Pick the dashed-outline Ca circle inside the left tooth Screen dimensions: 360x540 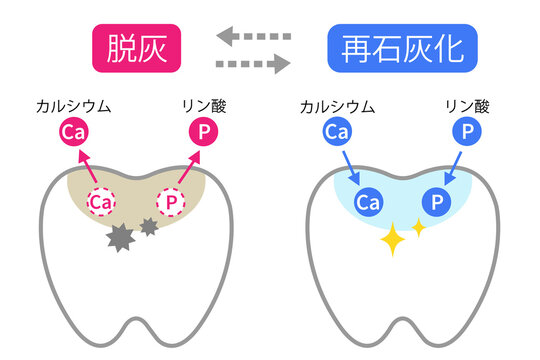101,202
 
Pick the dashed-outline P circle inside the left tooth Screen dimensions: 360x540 171,202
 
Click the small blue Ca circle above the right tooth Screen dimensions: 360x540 337,132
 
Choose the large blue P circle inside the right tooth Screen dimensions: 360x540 436,203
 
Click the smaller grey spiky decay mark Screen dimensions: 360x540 150,227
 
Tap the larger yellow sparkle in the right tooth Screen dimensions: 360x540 391,240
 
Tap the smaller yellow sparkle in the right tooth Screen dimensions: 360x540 417,228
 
